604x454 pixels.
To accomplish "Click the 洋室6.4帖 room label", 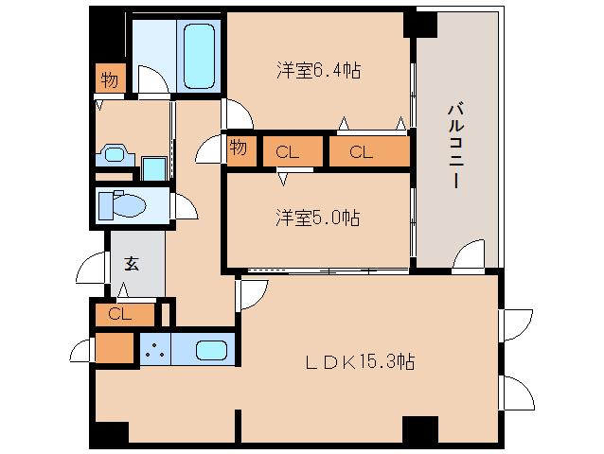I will coord(317,70).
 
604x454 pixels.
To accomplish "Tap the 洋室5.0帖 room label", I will coord(317,217).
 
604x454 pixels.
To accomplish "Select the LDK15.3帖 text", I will coord(360,360).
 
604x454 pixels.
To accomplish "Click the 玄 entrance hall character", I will coord(133,263).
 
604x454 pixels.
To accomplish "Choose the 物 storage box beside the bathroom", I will coord(110,80).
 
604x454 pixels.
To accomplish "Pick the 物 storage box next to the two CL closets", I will coord(238,149).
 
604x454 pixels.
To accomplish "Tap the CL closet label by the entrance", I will coord(120,313).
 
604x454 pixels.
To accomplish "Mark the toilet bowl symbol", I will coord(123,205).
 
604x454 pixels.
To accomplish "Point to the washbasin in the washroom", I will coord(116,154).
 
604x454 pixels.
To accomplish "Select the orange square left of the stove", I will coord(115,349).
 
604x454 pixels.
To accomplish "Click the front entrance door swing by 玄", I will coord(92,270).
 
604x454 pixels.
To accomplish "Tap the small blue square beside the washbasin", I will coord(153,168).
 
